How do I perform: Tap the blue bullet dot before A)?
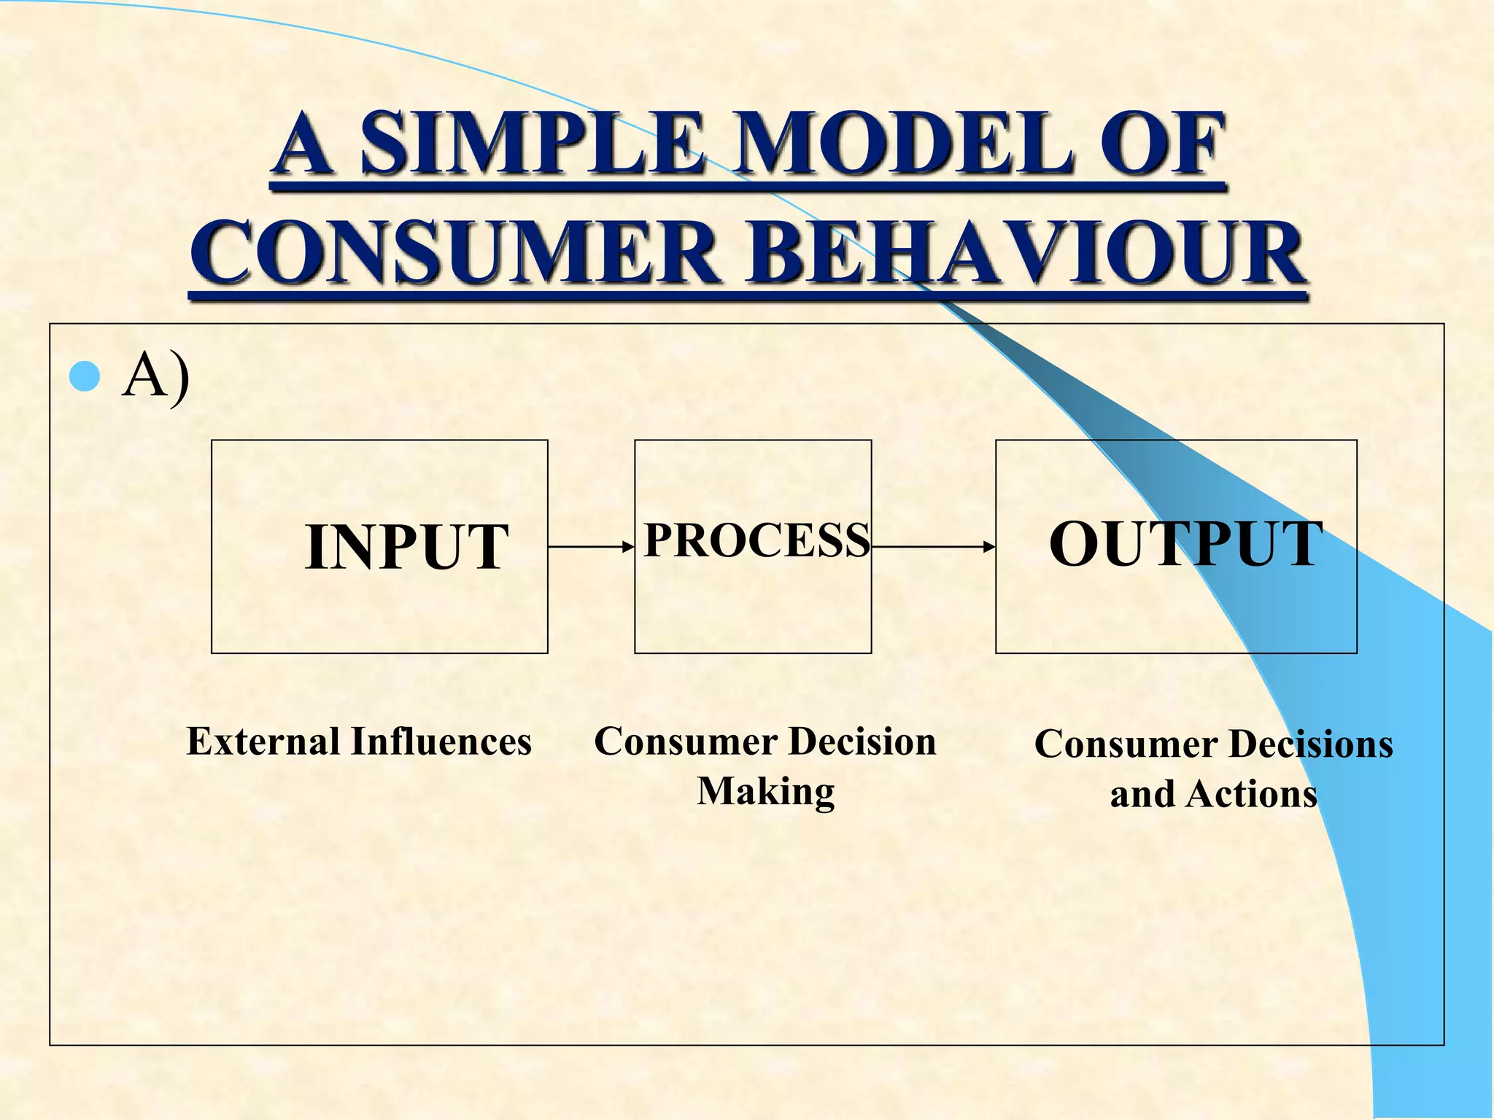click(85, 377)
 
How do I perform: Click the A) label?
click(156, 377)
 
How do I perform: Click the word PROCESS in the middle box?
click(756, 540)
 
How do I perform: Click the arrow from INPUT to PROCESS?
click(591, 546)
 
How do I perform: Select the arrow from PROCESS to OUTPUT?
click(933, 546)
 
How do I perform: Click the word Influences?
click(441, 742)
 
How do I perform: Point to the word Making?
click(765, 792)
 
